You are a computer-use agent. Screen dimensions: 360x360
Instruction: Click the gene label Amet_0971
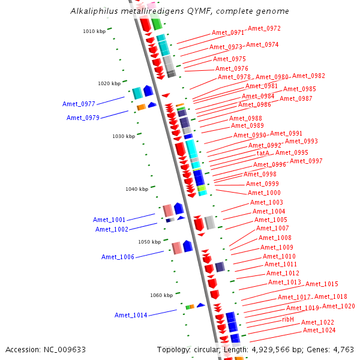228,32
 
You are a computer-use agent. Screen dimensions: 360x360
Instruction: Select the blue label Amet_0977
79,104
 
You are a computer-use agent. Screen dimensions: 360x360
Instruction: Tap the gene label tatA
263,154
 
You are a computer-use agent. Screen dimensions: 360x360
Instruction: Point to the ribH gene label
288,320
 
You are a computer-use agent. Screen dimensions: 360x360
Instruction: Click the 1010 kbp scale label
93,31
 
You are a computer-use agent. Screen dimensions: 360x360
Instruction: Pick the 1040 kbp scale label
136,189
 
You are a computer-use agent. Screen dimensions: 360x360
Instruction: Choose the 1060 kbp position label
161,295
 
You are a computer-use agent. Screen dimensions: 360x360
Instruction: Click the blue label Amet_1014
131,315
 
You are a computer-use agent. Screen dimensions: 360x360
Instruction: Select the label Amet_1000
264,193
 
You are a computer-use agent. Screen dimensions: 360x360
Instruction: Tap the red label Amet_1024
319,330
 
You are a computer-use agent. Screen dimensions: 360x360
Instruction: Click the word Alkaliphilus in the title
91,11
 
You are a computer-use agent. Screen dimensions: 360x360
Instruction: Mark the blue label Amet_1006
118,257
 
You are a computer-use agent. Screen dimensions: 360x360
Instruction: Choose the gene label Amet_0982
308,76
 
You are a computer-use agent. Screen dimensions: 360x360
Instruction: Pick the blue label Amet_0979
83,118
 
